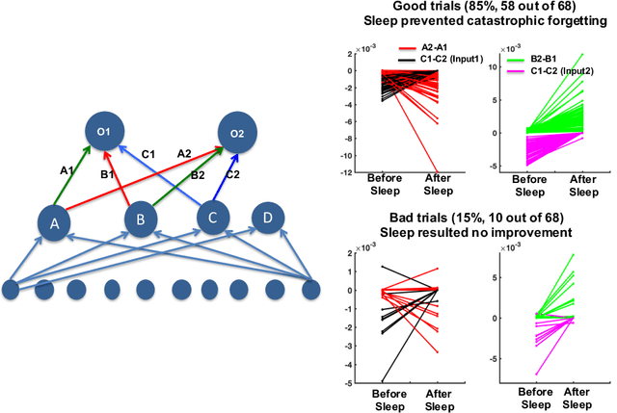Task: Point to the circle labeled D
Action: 270,218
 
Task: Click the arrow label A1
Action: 67,170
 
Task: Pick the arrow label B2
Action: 196,175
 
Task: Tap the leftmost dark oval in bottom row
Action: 12,289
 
